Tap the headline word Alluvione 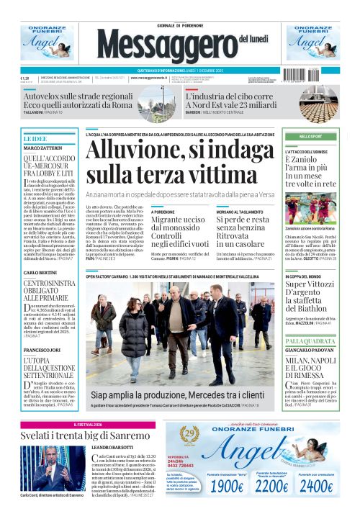134,151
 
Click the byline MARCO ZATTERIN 40,148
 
